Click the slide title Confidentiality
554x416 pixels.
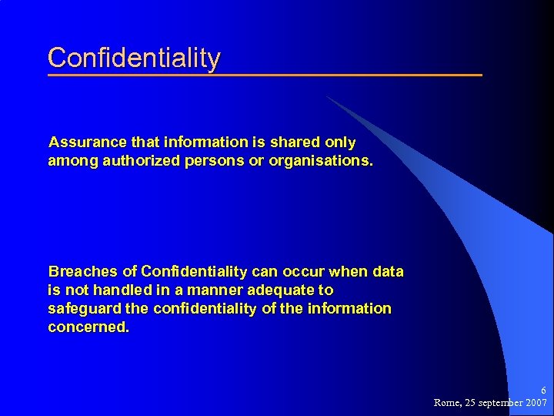[134, 58]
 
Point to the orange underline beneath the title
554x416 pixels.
[265, 75]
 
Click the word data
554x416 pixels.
[388, 272]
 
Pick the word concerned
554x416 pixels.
[88, 327]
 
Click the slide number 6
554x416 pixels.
[543, 391]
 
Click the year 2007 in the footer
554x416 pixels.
[535, 403]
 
